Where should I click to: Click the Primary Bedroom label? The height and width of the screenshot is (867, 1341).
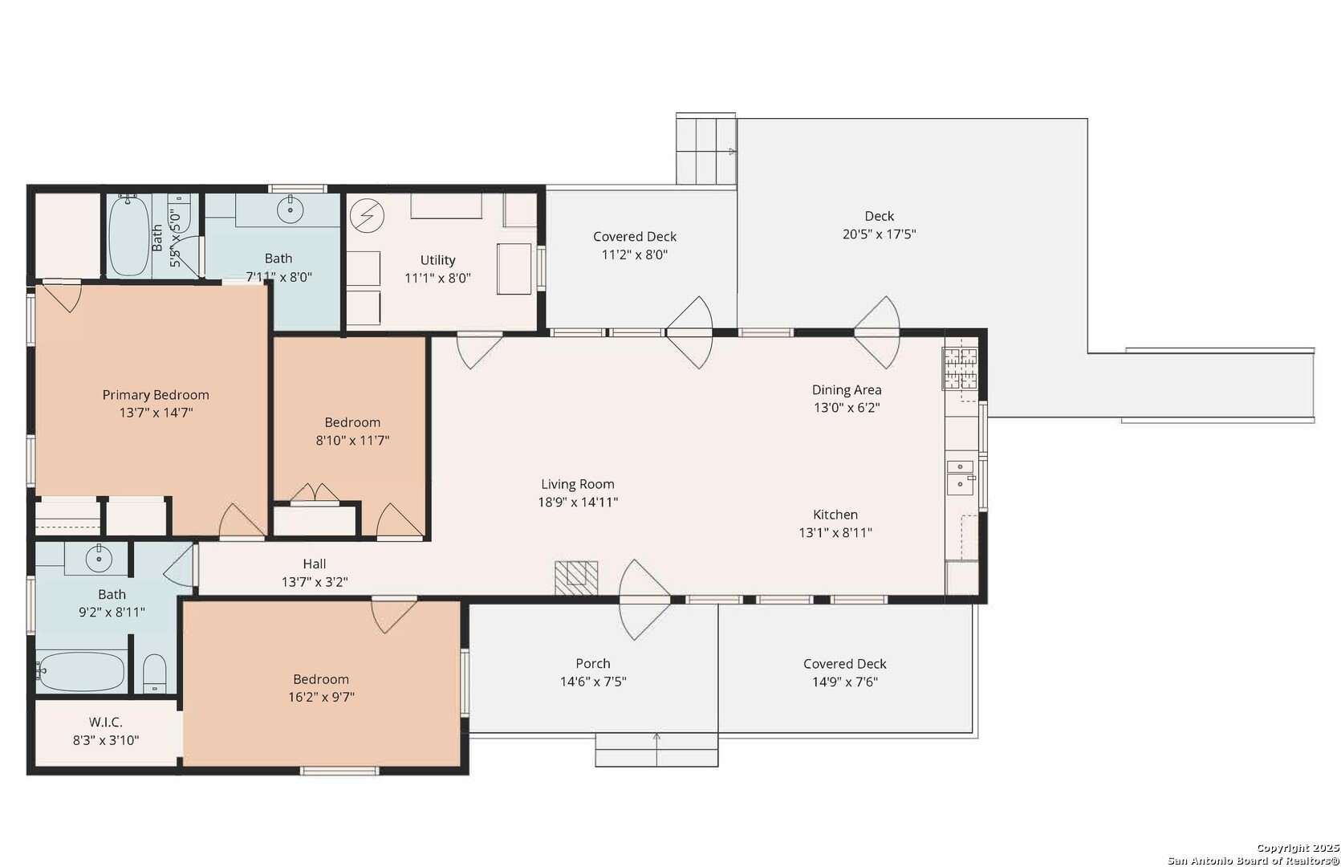156,395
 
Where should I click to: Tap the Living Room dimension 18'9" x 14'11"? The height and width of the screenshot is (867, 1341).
578,503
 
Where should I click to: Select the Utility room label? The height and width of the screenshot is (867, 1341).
437,260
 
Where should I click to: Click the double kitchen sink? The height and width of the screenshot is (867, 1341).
960,477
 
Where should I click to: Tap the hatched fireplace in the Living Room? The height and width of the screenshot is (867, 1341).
576,577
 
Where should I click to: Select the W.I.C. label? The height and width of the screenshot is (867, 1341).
106,722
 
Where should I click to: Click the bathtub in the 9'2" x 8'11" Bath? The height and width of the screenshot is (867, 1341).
80,672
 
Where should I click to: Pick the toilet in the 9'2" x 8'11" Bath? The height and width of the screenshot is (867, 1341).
155,673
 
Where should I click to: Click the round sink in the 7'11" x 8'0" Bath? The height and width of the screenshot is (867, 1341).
291,210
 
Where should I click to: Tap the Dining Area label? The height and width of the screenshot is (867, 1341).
847,390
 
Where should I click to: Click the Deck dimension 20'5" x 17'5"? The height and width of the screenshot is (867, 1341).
880,234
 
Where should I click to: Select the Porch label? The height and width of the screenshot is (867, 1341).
593,663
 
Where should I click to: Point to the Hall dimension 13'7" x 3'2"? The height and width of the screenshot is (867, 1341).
315,582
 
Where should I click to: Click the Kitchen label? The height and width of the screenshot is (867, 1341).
835,515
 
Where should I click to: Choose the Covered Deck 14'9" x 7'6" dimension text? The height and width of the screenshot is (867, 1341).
845,682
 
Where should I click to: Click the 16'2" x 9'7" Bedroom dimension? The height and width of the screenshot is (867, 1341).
322,698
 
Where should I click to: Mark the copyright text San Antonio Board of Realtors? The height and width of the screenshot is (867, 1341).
1254,861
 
